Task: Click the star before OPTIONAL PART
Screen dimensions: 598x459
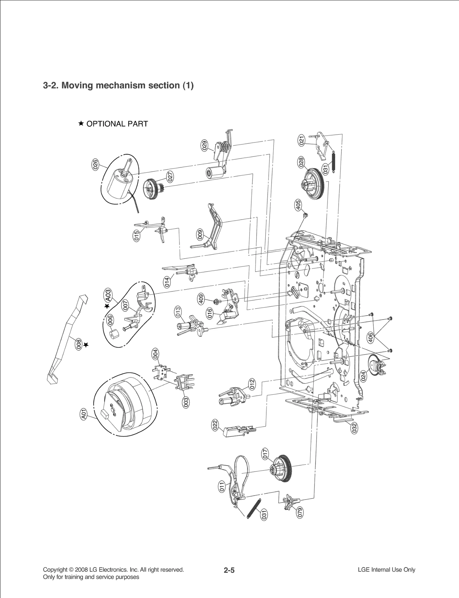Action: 81,123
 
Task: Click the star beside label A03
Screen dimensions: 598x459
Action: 107,306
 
